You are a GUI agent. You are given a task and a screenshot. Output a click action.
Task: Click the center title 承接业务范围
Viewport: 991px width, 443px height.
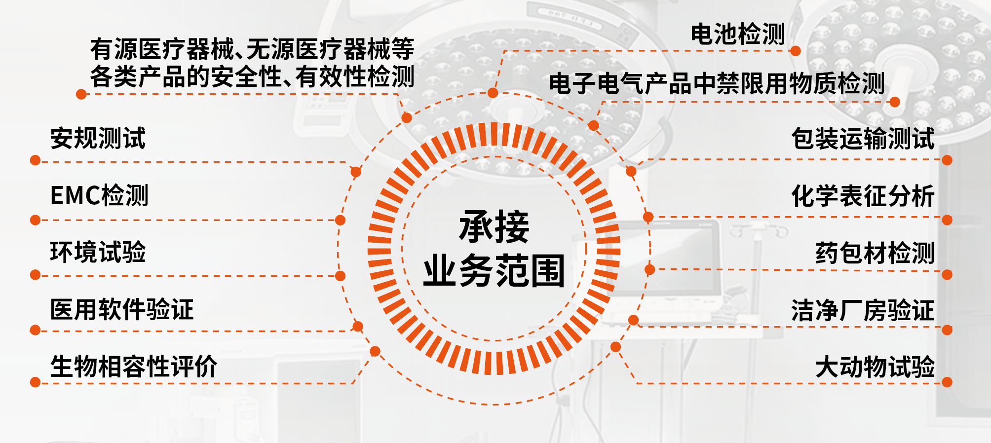(x=494, y=249)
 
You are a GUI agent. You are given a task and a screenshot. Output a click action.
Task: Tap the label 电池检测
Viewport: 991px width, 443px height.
(x=737, y=35)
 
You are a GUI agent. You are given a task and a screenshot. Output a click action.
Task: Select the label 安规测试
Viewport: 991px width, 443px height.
(x=98, y=138)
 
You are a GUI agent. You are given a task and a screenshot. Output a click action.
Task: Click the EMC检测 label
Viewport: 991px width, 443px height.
(x=99, y=195)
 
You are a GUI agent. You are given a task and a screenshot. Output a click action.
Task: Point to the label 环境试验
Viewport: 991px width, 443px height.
(x=98, y=252)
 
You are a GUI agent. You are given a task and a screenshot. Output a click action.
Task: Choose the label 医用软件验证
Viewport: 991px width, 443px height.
(x=122, y=310)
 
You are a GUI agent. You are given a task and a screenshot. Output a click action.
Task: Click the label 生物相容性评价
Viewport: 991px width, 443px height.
(x=134, y=367)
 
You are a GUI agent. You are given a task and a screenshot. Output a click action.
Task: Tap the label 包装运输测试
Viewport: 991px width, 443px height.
(x=863, y=138)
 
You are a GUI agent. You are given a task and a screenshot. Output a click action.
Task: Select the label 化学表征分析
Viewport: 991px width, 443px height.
(x=863, y=196)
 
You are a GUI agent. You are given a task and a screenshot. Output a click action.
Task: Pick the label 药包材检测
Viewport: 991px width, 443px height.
(x=875, y=253)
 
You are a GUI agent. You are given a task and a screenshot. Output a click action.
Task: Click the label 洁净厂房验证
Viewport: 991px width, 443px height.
(x=863, y=310)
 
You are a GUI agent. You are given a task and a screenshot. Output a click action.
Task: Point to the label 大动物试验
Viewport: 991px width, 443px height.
(x=875, y=367)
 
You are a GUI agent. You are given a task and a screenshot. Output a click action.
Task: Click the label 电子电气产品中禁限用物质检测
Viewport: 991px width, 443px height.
(x=717, y=83)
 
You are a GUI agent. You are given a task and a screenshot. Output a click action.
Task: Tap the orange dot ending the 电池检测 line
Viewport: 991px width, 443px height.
(x=795, y=51)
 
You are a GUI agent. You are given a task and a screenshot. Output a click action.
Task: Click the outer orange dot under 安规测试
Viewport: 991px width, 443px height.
(x=35, y=160)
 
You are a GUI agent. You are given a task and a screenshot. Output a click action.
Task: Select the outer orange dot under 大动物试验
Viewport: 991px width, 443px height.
(x=947, y=382)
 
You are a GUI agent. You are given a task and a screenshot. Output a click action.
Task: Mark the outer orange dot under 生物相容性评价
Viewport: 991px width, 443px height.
(x=35, y=382)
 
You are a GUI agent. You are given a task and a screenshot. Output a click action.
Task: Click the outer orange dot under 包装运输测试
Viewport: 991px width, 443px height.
(x=947, y=160)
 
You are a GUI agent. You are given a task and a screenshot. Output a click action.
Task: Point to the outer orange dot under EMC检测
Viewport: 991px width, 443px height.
(x=35, y=220)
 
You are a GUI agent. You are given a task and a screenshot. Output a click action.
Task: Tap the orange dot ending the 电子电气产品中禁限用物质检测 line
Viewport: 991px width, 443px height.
(x=895, y=102)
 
